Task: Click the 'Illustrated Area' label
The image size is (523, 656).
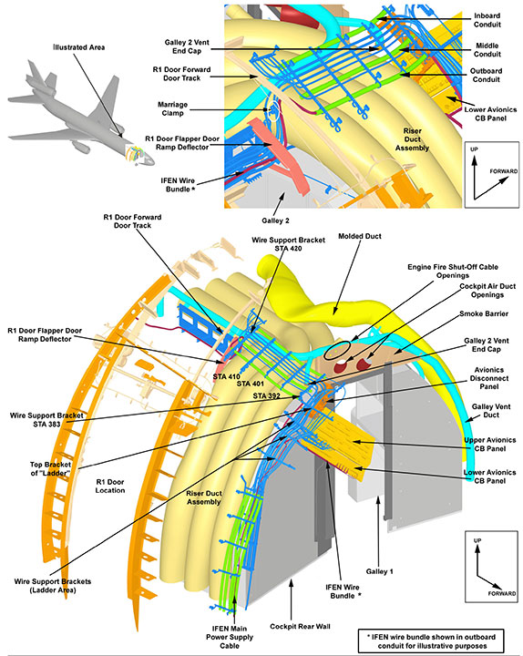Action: tap(78, 47)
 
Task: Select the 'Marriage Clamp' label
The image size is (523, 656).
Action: tap(172, 108)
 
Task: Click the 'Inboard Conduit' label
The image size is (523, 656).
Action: tap(487, 20)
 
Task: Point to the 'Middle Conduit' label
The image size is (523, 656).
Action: tap(487, 50)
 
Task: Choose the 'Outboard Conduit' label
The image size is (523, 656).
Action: tap(487, 75)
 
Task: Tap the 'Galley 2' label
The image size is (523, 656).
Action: tap(275, 220)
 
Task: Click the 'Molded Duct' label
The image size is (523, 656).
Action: tap(359, 236)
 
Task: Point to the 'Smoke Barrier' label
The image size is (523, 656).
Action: tap(484, 313)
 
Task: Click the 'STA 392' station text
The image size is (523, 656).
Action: tap(267, 395)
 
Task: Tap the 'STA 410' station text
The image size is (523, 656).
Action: tap(226, 376)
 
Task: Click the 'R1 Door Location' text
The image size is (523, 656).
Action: tap(110, 487)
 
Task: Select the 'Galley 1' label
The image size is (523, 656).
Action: tap(379, 571)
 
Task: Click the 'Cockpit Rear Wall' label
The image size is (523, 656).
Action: tap(300, 626)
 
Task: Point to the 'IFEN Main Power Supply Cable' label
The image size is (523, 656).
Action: tap(230, 637)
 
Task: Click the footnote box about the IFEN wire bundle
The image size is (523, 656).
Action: tap(431, 641)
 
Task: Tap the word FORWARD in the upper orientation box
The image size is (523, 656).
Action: tap(504, 171)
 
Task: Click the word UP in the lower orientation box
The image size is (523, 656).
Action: tap(477, 540)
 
